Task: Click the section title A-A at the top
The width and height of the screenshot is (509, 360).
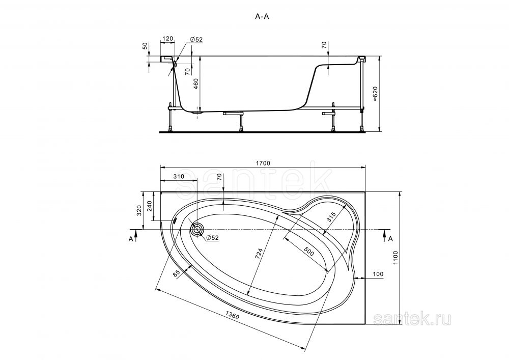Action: (x=262, y=17)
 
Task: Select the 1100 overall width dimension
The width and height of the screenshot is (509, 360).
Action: (x=395, y=258)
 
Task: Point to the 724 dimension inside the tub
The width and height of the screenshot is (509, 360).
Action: (x=259, y=252)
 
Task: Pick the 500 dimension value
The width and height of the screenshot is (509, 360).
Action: (x=309, y=251)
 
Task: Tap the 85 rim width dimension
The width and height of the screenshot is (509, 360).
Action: (x=177, y=273)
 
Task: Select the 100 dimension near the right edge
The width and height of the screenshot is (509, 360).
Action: (x=378, y=274)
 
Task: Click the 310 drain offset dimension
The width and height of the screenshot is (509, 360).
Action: (x=179, y=177)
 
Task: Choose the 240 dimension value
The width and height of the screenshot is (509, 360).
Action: (x=149, y=206)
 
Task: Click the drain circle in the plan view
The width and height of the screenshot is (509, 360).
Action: (x=196, y=230)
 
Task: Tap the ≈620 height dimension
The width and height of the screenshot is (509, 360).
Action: (x=375, y=94)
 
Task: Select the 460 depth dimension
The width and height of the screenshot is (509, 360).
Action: (x=196, y=85)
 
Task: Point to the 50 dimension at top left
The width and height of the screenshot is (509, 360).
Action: (x=146, y=45)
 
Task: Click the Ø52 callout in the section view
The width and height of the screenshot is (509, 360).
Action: (x=196, y=39)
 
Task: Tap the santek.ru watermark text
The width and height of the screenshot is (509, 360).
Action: (x=412, y=319)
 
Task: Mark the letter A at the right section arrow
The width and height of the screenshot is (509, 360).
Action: (x=390, y=239)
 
